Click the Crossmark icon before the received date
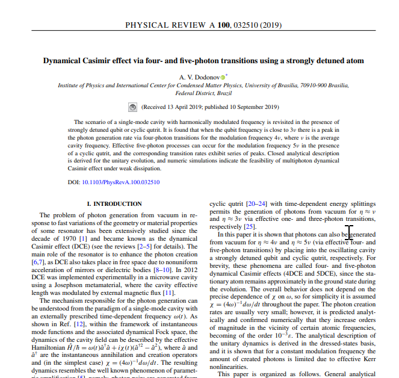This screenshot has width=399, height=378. click(x=134, y=108)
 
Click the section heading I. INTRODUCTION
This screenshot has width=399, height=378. click(x=115, y=205)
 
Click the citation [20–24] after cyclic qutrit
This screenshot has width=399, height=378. click(x=253, y=204)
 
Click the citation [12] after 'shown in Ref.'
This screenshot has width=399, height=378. click(x=82, y=323)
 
